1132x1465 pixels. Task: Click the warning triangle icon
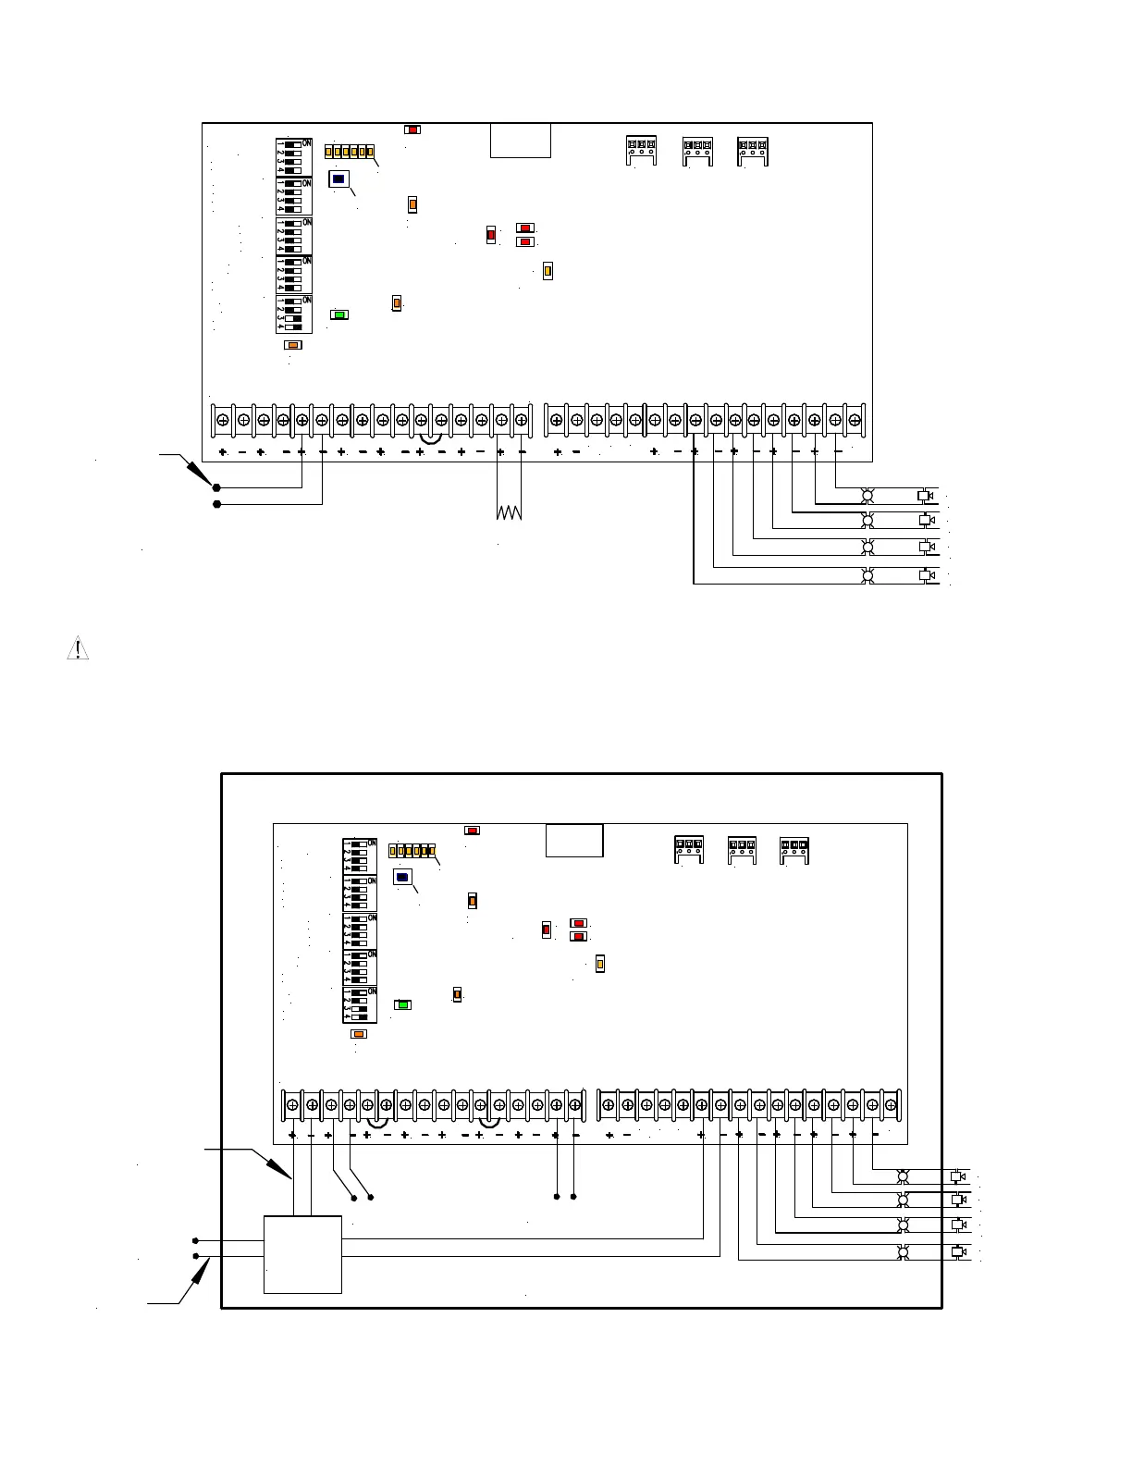pyautogui.click(x=79, y=649)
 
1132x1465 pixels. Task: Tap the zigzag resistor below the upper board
pyautogui.click(x=509, y=511)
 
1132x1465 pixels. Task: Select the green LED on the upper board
pyautogui.click(x=339, y=314)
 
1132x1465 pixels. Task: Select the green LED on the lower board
pyautogui.click(x=402, y=1004)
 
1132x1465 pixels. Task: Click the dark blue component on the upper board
pyautogui.click(x=338, y=179)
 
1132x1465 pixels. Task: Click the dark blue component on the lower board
pyautogui.click(x=402, y=877)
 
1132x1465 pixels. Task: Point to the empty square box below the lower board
pyautogui.click(x=302, y=1254)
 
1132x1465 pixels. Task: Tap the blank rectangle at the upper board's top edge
pyautogui.click(x=521, y=141)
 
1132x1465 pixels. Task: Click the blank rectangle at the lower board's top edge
pyautogui.click(x=574, y=841)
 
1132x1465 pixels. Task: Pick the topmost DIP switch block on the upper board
pyautogui.click(x=293, y=156)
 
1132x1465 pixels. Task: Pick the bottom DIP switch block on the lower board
pyautogui.click(x=360, y=1005)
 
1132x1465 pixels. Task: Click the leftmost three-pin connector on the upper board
pyautogui.click(x=641, y=150)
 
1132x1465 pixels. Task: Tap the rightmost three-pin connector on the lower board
pyautogui.click(x=794, y=848)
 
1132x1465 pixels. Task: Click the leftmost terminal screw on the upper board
pyautogui.click(x=223, y=420)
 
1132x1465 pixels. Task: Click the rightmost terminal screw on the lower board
pyautogui.click(x=891, y=1105)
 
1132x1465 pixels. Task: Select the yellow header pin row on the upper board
pyautogui.click(x=351, y=151)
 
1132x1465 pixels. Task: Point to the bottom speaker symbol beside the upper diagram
pyautogui.click(x=924, y=575)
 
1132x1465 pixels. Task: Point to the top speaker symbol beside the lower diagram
pyautogui.click(x=957, y=1176)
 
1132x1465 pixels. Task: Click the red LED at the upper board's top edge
pyautogui.click(x=412, y=129)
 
